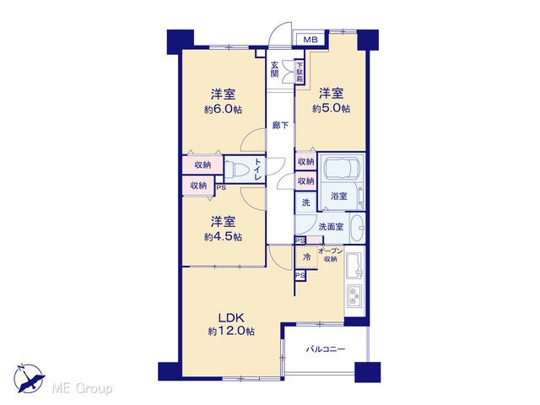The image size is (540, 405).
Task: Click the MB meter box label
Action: [310, 40]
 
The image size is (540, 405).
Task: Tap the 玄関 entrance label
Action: [274, 69]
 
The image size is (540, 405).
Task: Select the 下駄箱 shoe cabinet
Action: [300, 72]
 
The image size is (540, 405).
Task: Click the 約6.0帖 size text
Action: [223, 110]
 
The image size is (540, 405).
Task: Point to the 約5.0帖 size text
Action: [331, 109]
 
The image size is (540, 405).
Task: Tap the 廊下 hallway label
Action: [280, 126]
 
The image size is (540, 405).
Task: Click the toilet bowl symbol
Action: [239, 170]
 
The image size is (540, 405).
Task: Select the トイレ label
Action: [257, 169]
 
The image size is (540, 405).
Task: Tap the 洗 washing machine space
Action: [305, 202]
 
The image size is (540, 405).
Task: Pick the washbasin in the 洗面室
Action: [357, 228]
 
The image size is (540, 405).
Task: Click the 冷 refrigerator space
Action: [306, 256]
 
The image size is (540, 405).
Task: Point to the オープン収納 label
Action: [330, 255]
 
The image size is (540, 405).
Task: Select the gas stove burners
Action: [354, 296]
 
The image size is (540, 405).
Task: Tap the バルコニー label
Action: [326, 349]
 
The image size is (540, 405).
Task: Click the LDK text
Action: [231, 317]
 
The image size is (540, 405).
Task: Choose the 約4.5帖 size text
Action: [223, 237]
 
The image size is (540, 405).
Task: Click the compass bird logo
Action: [30, 379]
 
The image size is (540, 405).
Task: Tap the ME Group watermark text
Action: [82, 388]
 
